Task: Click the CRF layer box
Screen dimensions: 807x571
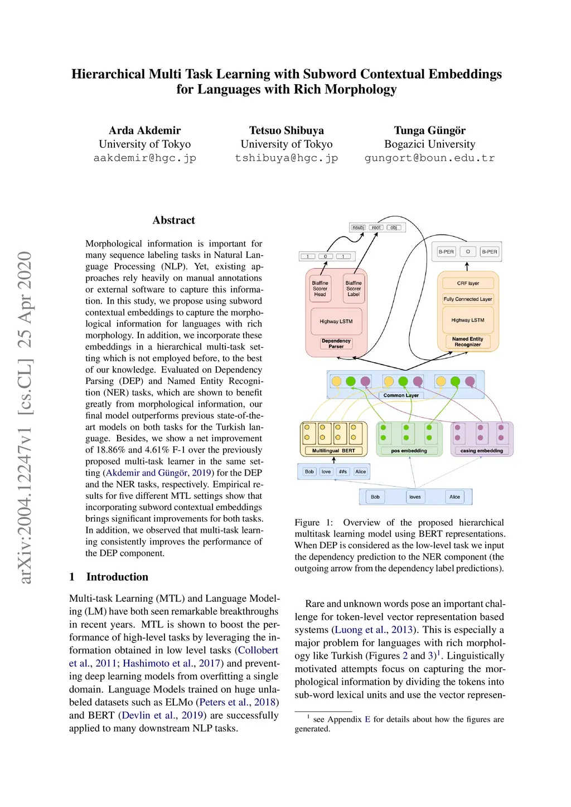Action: click(468, 283)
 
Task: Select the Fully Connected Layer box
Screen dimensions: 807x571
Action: click(468, 299)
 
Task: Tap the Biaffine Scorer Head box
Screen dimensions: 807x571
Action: click(320, 289)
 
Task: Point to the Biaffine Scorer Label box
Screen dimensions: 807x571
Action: click(354, 289)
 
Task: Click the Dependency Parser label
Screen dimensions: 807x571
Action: click(336, 343)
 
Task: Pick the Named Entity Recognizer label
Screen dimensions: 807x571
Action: click(468, 342)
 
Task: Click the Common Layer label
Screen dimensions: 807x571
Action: click(401, 395)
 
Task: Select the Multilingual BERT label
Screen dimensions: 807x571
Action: click(333, 450)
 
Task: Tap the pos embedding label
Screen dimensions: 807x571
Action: click(409, 450)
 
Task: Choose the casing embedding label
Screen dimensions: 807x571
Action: click(481, 450)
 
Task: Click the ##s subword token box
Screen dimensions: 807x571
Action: click(343, 471)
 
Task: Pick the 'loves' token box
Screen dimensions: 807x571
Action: click(415, 497)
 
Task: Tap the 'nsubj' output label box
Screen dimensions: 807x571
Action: click(359, 227)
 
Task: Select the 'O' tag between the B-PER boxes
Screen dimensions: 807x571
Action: click(468, 252)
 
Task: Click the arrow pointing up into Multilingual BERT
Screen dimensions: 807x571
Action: click(333, 460)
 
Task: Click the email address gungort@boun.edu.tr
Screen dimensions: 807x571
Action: click(429, 158)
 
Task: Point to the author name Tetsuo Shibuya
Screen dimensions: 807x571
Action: click(286, 130)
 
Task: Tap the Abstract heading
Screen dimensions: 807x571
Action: click(173, 220)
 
